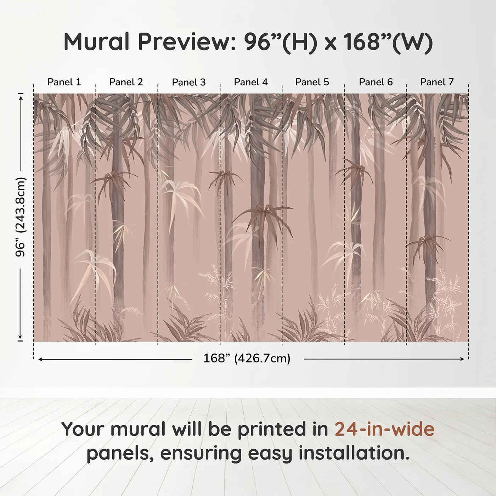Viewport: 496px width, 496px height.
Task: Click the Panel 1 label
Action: click(64, 82)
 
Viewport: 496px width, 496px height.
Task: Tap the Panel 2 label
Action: click(126, 82)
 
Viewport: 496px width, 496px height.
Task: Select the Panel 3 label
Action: click(188, 82)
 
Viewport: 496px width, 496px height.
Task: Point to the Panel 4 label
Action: click(251, 82)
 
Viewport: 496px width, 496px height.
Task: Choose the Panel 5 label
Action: click(312, 82)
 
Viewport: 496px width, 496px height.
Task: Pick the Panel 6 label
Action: click(376, 82)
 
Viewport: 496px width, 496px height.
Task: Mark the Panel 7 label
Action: click(437, 82)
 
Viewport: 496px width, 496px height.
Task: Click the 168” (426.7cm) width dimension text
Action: click(247, 359)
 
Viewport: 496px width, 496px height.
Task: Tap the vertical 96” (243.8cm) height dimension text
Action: click(21, 217)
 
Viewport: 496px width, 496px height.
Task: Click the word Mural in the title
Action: click(96, 42)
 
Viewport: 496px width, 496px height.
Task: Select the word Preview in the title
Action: click(184, 42)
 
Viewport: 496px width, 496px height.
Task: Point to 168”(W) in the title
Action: click(388, 42)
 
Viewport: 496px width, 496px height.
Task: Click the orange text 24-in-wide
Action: click(384, 429)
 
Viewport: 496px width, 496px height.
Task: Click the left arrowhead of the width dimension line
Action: click(40, 359)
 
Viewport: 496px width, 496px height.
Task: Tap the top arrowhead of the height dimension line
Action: click(21, 96)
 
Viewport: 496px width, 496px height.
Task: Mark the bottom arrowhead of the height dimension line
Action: click(21, 337)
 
